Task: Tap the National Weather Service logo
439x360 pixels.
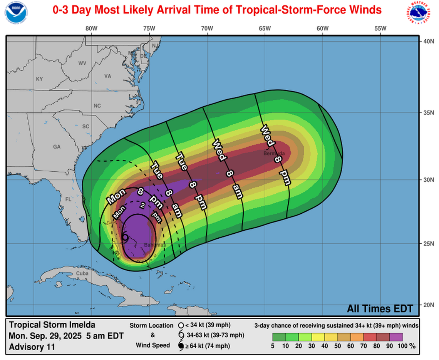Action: tap(421, 12)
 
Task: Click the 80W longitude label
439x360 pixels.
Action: tap(91, 28)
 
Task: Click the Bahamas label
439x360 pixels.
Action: tap(155, 245)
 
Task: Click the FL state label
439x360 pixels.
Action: tap(68, 199)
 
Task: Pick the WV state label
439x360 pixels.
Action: tap(82, 63)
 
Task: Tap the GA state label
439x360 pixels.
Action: tap(57, 147)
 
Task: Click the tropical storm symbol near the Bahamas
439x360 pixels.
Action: tap(125, 238)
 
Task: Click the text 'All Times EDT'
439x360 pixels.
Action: tap(380, 308)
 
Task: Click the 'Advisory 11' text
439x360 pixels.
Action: tap(32, 347)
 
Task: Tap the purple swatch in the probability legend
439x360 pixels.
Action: tap(395, 337)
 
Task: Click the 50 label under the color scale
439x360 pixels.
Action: tap(338, 346)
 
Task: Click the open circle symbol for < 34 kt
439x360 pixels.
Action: tap(181, 325)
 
